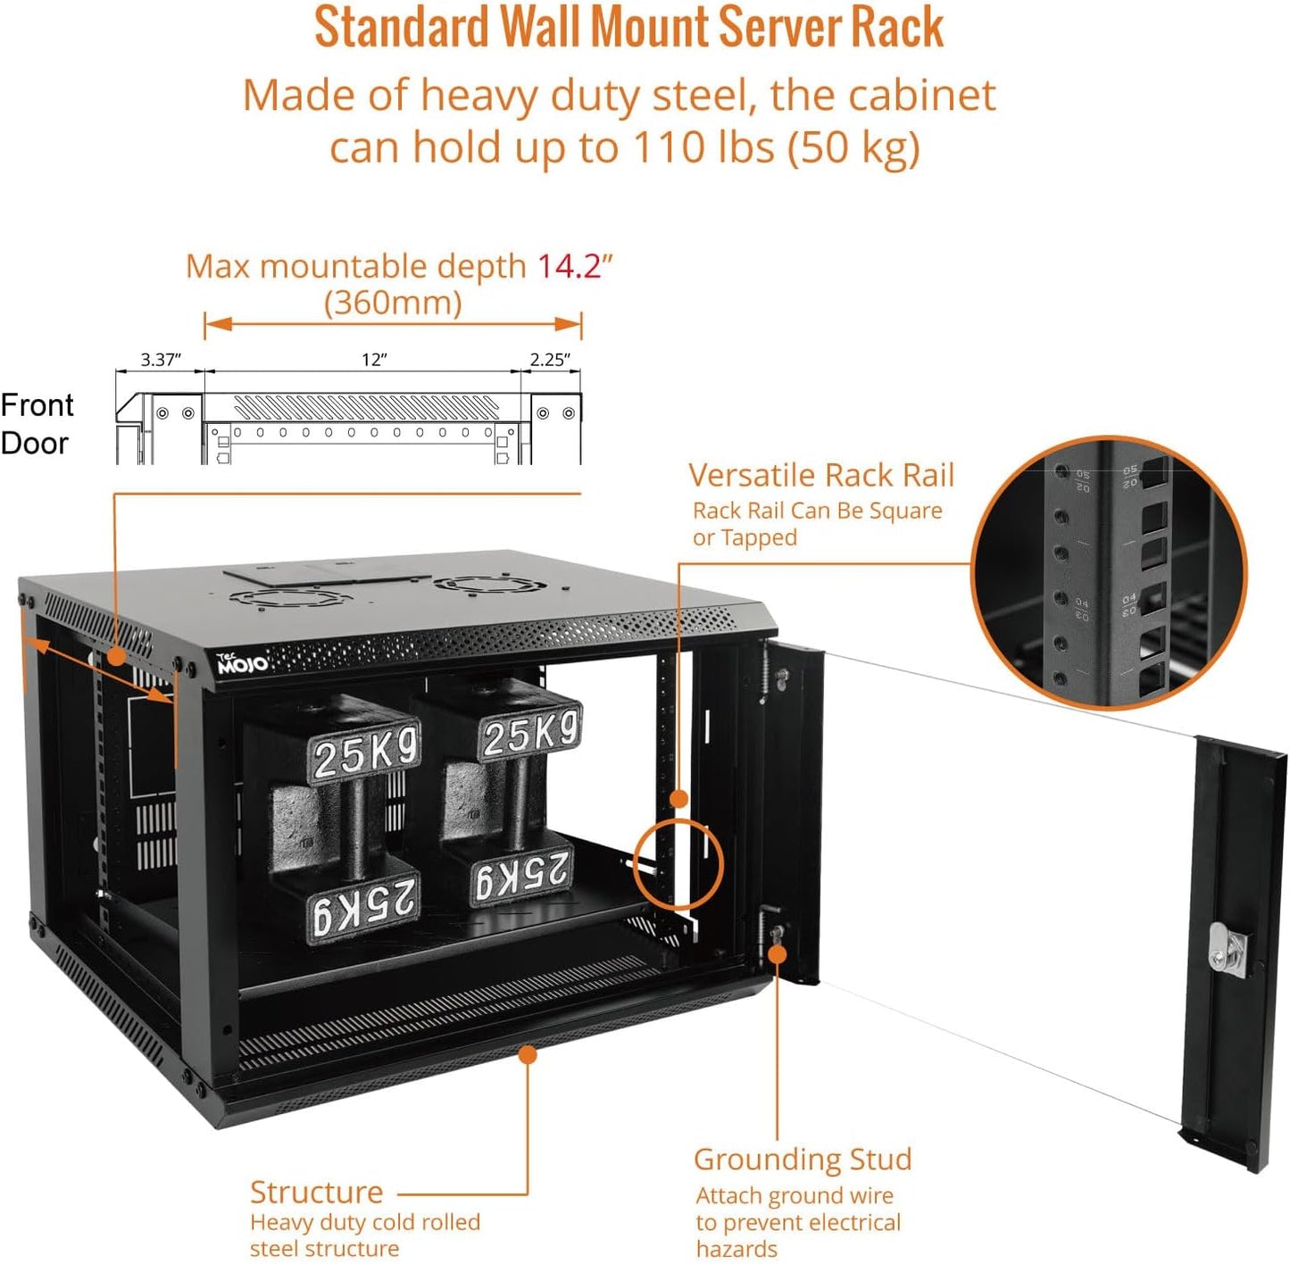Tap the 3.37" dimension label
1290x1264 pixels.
(x=161, y=360)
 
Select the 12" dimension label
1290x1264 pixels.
(x=374, y=360)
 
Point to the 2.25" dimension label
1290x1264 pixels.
(x=549, y=360)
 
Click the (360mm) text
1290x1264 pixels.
(x=393, y=303)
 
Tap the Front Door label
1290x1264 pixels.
(x=37, y=424)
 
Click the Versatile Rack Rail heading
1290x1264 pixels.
(x=821, y=475)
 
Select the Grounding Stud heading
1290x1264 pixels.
(x=803, y=1159)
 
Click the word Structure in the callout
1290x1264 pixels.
(x=316, y=1192)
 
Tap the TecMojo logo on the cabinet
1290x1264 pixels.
(x=242, y=663)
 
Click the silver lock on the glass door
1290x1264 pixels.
(x=1219, y=948)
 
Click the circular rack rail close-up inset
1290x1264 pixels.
(x=1109, y=572)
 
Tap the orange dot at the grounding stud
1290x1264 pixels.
(x=778, y=953)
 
